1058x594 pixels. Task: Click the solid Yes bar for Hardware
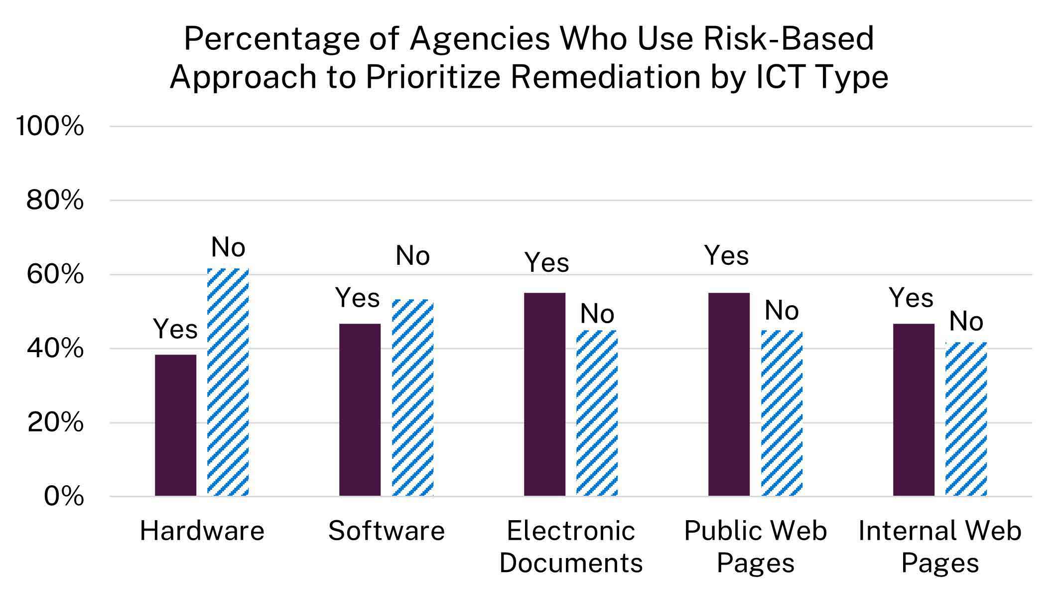175,425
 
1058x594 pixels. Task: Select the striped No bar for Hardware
228,382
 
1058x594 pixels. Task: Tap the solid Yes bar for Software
360,409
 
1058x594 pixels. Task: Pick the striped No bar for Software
412,397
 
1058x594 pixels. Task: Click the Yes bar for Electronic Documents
544,394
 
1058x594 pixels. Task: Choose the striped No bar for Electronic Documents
597,413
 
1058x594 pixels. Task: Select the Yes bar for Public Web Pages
729,394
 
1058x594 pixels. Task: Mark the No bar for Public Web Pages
782,413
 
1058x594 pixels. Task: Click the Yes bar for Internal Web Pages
914,409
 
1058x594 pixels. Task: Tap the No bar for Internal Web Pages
966,419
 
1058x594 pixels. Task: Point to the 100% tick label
50,126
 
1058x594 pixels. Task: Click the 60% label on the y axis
55,274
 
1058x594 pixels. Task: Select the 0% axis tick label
64,496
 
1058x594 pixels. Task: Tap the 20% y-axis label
55,422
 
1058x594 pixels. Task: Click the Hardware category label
202,530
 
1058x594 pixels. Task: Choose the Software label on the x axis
386,530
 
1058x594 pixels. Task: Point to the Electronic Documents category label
571,547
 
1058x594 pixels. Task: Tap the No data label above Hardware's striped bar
228,247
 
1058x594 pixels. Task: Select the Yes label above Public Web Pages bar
726,256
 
